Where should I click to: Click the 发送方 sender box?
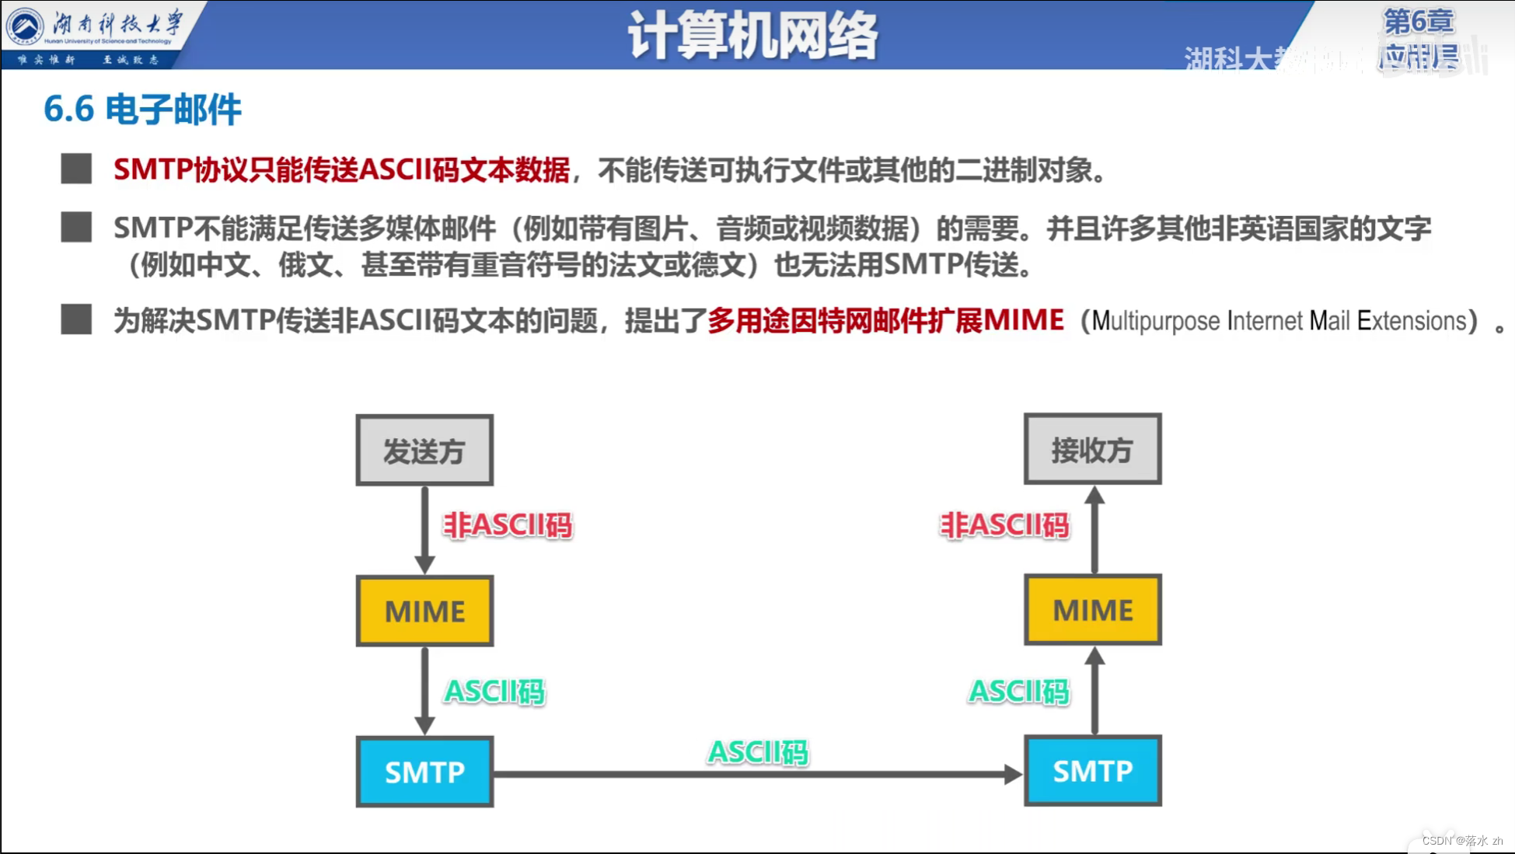pyautogui.click(x=424, y=450)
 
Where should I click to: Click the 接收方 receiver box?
pyautogui.click(x=1092, y=449)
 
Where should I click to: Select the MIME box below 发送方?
pyautogui.click(x=424, y=611)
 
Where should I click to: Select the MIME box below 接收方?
pyautogui.click(x=1092, y=610)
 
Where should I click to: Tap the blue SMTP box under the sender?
pyautogui.click(x=424, y=772)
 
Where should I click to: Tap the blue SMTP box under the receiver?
pyautogui.click(x=1092, y=771)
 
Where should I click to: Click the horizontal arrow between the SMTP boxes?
pyautogui.click(x=757, y=774)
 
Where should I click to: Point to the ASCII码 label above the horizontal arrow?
pyautogui.click(x=758, y=751)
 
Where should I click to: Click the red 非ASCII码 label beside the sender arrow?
pyautogui.click(x=508, y=525)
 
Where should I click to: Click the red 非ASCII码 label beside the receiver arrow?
pyautogui.click(x=1004, y=525)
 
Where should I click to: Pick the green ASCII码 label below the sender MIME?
pyautogui.click(x=494, y=691)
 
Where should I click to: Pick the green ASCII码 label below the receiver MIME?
pyautogui.click(x=1019, y=691)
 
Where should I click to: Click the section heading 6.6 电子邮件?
pyautogui.click(x=142, y=109)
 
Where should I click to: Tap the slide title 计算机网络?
pyautogui.click(x=752, y=35)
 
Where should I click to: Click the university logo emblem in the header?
pyautogui.click(x=25, y=26)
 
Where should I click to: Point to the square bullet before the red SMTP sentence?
pyautogui.click(x=76, y=169)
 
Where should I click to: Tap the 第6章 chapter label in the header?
pyautogui.click(x=1418, y=21)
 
